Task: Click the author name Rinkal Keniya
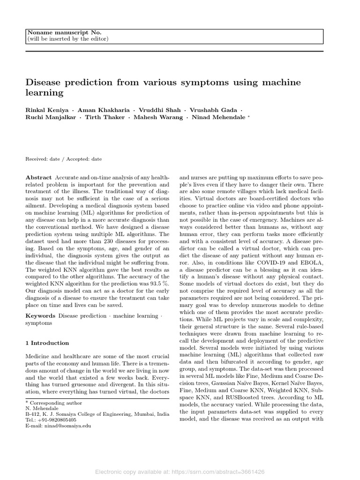(x=48, y=109)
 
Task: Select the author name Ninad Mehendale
(x=218, y=117)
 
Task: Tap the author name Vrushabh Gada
(x=219, y=109)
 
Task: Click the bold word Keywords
(x=40, y=316)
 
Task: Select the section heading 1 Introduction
(x=47, y=343)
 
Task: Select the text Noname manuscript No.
(x=65, y=32)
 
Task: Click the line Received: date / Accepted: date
(x=63, y=159)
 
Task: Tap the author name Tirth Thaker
(x=105, y=117)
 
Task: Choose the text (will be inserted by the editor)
(x=68, y=39)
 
